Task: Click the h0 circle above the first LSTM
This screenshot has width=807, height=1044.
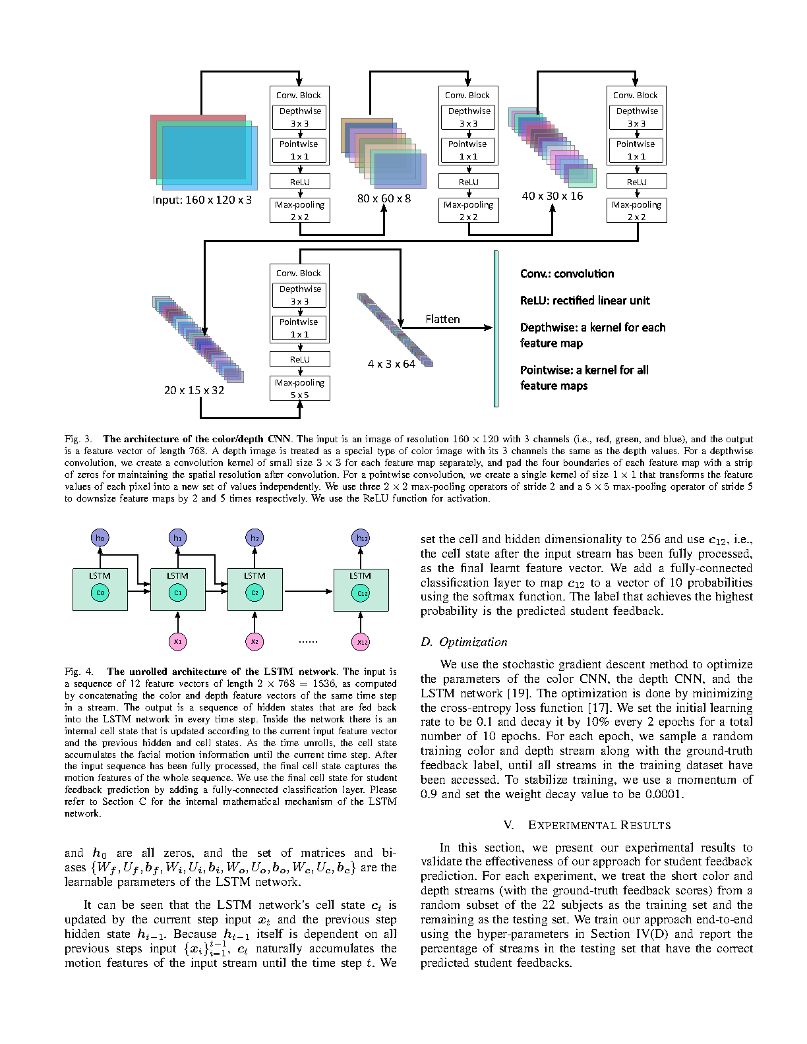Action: [100, 538]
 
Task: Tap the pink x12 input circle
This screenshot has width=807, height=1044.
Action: [361, 641]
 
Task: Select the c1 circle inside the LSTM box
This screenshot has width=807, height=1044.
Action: [177, 593]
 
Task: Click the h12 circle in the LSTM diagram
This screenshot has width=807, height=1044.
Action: [361, 538]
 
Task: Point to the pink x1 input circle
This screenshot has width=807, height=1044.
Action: [177, 641]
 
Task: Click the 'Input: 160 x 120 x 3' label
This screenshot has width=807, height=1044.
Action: [202, 200]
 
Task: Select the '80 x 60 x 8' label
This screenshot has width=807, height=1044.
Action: [384, 198]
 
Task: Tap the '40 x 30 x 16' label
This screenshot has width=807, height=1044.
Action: [553, 196]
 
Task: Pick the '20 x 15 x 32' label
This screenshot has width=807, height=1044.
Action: [194, 390]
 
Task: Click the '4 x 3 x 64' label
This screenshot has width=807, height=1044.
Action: [392, 364]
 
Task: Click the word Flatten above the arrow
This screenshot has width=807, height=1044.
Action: [442, 319]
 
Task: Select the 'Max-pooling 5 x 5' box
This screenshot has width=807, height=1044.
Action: [300, 388]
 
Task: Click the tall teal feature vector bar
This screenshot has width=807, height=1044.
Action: [496, 328]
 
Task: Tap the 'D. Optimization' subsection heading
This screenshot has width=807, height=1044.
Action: [464, 642]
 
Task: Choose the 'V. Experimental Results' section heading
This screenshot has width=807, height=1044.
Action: [587, 825]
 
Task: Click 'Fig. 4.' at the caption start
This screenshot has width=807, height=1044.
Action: [79, 672]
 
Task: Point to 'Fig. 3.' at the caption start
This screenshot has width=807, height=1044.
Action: [79, 439]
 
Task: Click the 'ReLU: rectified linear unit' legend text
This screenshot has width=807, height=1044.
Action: [585, 301]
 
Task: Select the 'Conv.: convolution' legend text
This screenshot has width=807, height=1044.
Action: [567, 274]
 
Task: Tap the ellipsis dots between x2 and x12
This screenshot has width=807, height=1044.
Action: [308, 641]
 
